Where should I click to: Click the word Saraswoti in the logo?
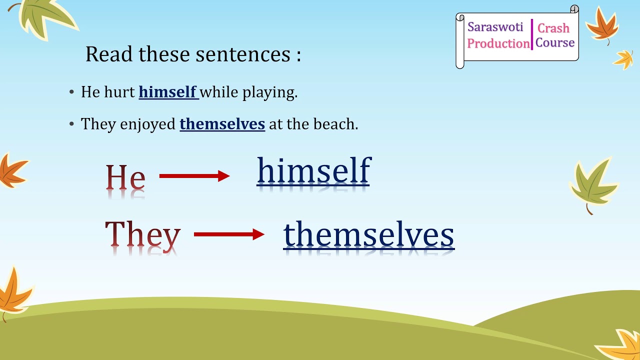[x=495, y=27]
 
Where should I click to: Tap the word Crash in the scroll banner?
[x=553, y=28]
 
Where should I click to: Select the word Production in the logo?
[x=498, y=43]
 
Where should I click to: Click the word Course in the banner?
[x=554, y=43]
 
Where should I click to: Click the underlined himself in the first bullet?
[x=168, y=92]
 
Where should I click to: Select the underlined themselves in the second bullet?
[x=222, y=124]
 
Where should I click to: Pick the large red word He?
[x=125, y=178]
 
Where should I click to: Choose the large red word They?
[x=142, y=235]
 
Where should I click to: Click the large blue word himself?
[x=313, y=171]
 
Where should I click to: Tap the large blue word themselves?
[x=368, y=235]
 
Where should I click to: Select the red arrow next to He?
[x=194, y=176]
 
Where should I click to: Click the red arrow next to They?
[x=229, y=234]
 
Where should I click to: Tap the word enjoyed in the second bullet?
[x=148, y=124]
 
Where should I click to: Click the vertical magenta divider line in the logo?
[x=532, y=35]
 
